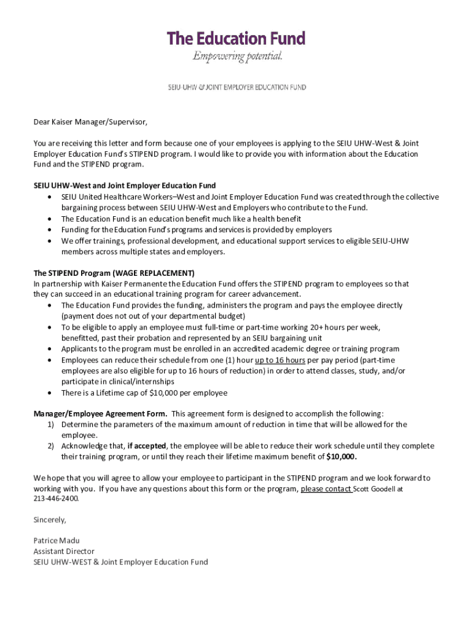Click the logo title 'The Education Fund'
[236, 39]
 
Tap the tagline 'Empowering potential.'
[237, 57]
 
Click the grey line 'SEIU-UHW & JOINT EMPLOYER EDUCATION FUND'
[237, 87]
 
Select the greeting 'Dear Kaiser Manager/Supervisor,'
[90, 122]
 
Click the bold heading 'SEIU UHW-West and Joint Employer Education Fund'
[125, 186]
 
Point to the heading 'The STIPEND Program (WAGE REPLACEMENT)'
[114, 273]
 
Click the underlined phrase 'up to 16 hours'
[280, 360]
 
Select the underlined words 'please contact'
[326, 490]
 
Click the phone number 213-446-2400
[57, 499]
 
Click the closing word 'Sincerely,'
[50, 520]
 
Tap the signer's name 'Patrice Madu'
[56, 541]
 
